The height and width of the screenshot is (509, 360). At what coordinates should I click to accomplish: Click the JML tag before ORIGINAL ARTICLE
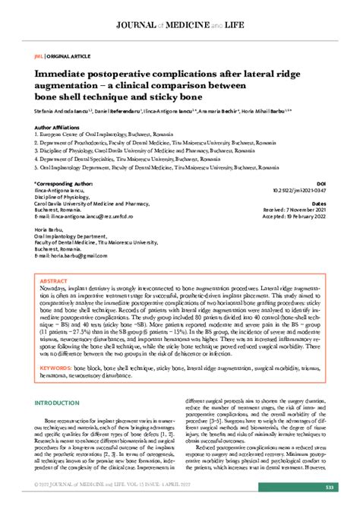[38, 56]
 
